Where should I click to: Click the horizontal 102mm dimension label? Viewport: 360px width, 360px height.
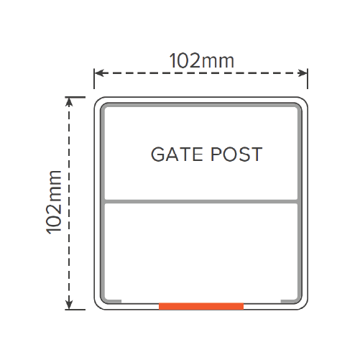[x=201, y=61]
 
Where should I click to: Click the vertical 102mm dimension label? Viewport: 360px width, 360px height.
[x=54, y=202]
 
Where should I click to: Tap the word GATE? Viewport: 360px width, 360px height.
[x=177, y=154]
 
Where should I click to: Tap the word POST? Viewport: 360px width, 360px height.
[x=236, y=154]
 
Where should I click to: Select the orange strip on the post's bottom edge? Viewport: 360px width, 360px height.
[x=201, y=306]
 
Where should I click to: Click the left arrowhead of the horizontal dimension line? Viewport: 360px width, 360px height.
[x=99, y=73]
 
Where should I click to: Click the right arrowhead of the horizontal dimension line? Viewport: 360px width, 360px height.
[x=303, y=73]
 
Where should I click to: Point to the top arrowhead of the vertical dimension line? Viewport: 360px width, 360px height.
[x=69, y=102]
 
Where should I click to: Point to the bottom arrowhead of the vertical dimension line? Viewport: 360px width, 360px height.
[x=69, y=305]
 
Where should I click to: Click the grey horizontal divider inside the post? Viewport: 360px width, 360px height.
[x=201, y=201]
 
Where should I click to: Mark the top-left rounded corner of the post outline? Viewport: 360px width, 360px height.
[x=97, y=100]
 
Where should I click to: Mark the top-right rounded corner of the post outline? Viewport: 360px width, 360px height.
[x=305, y=100]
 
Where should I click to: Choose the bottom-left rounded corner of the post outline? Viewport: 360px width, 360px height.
[x=97, y=307]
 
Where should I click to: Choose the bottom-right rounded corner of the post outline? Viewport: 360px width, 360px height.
[x=305, y=307]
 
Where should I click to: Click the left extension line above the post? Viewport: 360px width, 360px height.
[x=94, y=78]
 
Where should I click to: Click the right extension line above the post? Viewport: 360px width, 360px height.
[x=308, y=78]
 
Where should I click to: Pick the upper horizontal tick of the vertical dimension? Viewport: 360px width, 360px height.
[x=75, y=97]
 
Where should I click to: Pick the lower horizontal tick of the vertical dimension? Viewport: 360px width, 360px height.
[x=75, y=310]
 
